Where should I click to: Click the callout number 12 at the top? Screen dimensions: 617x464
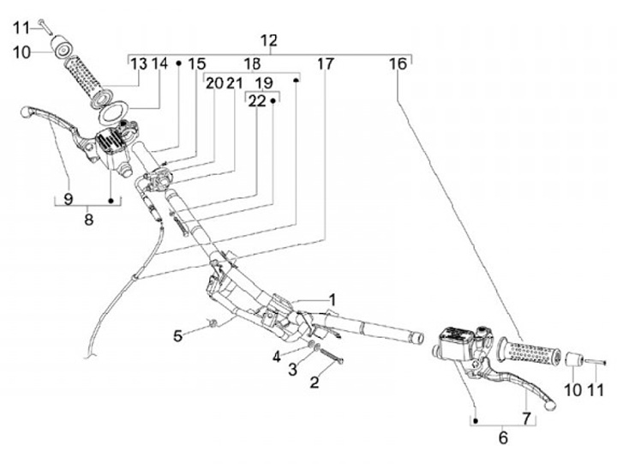tap(269, 40)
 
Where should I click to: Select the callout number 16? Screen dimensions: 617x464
tap(398, 63)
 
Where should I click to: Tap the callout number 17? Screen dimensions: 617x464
tap(325, 63)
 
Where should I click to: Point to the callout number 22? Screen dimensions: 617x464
tap(257, 101)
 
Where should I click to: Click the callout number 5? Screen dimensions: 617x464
tap(178, 336)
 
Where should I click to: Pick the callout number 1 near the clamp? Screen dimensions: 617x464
tap(332, 300)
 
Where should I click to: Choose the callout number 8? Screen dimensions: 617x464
tap(89, 220)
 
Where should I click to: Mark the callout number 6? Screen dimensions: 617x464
tap(503, 438)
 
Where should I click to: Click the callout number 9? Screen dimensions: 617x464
tap(68, 199)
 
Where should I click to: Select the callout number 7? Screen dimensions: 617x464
tap(526, 418)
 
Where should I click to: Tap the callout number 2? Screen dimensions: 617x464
tap(314, 382)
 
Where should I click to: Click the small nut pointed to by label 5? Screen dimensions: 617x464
tap(213, 324)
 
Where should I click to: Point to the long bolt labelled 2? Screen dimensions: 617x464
tap(332, 354)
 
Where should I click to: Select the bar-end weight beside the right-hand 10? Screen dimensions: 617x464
tap(573, 359)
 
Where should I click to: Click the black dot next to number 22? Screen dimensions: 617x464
tap(273, 101)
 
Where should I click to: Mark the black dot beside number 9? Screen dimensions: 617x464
tap(111, 201)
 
